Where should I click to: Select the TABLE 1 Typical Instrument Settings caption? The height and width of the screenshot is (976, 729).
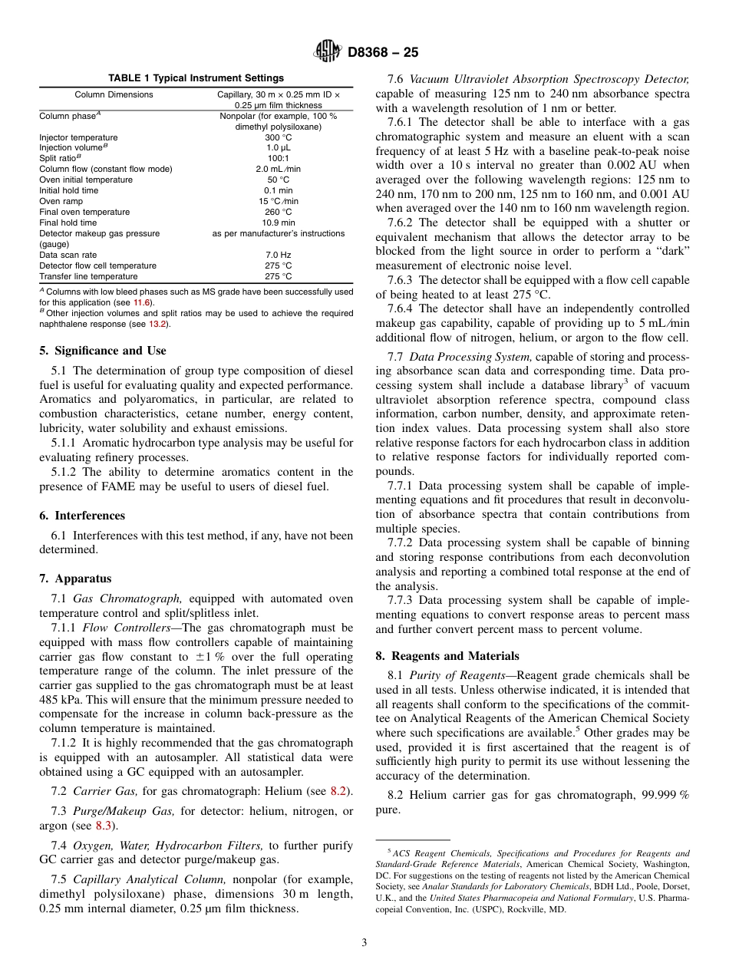tap(196, 78)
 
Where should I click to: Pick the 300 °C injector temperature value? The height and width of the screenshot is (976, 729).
tap(278, 137)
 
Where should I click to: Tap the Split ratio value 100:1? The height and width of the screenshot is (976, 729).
tap(278, 158)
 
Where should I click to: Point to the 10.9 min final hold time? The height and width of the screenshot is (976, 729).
tap(278, 223)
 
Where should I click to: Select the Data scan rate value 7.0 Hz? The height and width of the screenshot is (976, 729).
tap(278, 255)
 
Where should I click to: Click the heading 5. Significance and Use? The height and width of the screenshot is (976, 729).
tap(102, 351)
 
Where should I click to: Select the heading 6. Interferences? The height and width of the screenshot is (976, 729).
tap(81, 516)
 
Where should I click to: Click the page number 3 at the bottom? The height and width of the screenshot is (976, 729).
tap(364, 942)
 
